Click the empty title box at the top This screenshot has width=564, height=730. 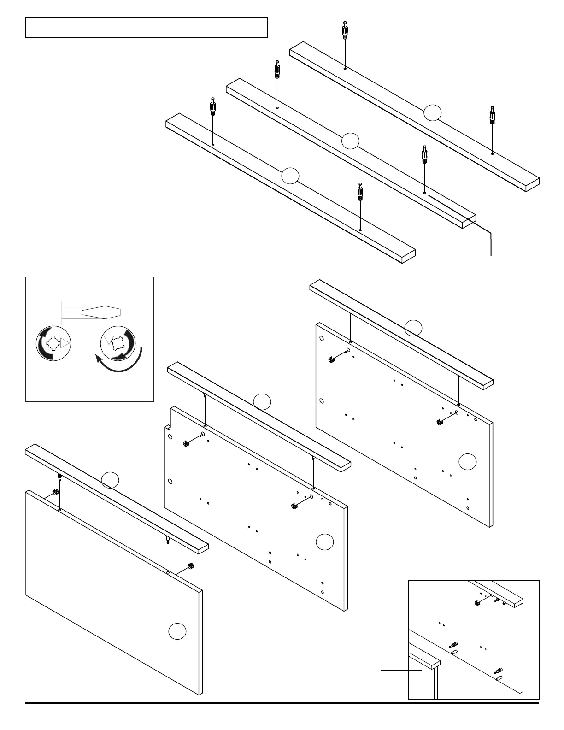tap(147, 27)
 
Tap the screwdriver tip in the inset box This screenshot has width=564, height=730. tap(101, 312)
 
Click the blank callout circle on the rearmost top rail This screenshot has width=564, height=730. tap(433, 112)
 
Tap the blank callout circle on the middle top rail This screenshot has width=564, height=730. tap(350, 141)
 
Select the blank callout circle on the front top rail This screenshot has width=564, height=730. tap(290, 176)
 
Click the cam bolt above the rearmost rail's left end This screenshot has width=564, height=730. tap(345, 32)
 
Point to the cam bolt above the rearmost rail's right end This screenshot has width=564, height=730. tap(493, 116)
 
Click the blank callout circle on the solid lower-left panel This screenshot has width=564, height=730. tap(177, 631)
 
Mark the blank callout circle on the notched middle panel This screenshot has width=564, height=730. tap(325, 542)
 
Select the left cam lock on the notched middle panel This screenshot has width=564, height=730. tap(186, 444)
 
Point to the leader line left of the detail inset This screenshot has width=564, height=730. tap(401, 671)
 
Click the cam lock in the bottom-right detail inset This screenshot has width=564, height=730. tap(477, 603)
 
